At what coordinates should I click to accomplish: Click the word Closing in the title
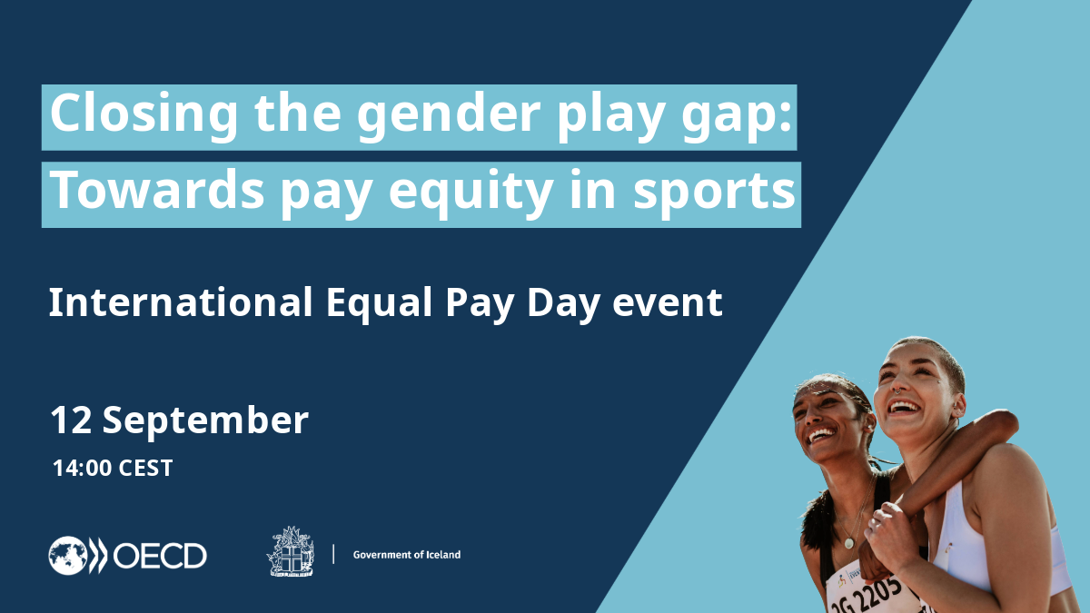pos(144,114)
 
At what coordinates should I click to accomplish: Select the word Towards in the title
pos(156,190)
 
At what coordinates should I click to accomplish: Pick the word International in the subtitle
pos(181,302)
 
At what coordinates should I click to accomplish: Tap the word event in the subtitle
pos(667,303)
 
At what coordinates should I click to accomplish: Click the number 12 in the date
pos(71,420)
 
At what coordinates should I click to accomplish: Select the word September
pos(205,421)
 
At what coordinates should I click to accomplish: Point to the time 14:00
pos(82,468)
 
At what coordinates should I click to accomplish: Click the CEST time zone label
pos(145,468)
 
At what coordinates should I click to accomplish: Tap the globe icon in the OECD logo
pos(68,555)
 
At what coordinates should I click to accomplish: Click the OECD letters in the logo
pos(160,556)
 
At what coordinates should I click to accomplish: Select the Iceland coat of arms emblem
pos(291,552)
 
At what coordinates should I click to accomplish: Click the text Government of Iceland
pos(407,555)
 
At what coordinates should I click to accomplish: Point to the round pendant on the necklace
pos(848,543)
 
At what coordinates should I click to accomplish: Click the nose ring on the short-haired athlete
pos(897,391)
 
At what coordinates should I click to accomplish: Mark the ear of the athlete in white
pos(958,404)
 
